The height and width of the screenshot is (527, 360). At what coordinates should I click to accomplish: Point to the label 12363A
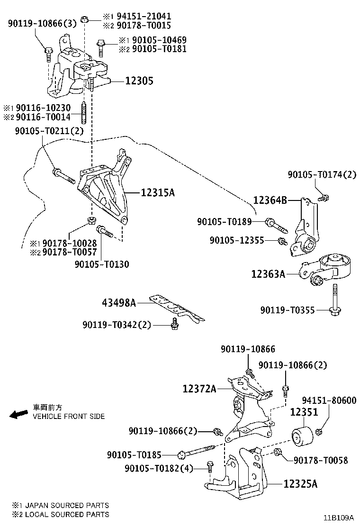pyautogui.click(x=268, y=273)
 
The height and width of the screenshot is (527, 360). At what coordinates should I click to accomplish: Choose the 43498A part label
pyautogui.click(x=119, y=302)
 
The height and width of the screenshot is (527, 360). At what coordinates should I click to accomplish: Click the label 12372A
pyautogui.click(x=199, y=389)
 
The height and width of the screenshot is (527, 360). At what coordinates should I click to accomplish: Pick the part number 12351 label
pyautogui.click(x=304, y=412)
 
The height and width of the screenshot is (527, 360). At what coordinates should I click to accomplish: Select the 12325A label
pyautogui.click(x=300, y=484)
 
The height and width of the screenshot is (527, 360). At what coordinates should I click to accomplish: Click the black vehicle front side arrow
pyautogui.click(x=19, y=415)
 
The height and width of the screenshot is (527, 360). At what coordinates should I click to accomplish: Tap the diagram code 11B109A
pyautogui.click(x=339, y=518)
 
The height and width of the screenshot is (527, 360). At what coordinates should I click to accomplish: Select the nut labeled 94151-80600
pyautogui.click(x=319, y=431)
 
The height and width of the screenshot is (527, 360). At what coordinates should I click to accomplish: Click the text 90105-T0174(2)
pyautogui.click(x=322, y=175)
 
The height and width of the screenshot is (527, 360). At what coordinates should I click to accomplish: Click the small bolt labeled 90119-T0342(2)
pyautogui.click(x=174, y=324)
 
